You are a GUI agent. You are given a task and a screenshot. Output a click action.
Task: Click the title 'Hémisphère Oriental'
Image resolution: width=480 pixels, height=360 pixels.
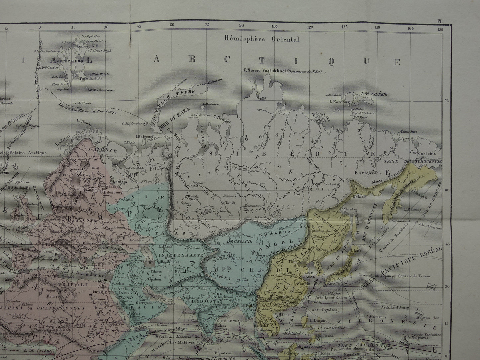point(261,39)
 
